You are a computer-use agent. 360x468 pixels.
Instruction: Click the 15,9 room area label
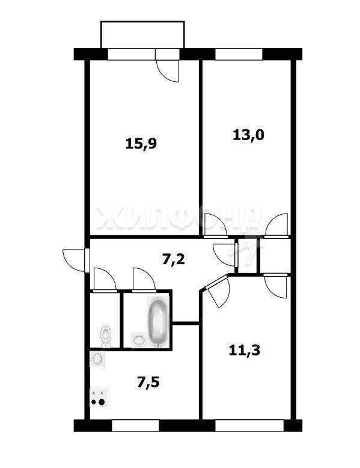[x=141, y=144]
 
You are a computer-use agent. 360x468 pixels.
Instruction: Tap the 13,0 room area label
[x=248, y=135]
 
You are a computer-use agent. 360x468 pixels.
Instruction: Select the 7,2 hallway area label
[x=174, y=259]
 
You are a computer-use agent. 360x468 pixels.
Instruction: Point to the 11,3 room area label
[x=245, y=350]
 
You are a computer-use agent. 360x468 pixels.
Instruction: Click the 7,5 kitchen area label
[x=148, y=383]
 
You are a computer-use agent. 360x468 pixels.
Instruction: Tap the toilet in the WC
[x=106, y=337]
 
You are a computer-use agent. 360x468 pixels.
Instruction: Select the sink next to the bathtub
[x=139, y=340]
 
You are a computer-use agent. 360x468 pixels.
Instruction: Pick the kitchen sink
[x=97, y=359]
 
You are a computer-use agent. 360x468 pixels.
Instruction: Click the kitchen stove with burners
[x=99, y=398]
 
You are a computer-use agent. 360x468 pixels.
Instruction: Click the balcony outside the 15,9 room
[x=142, y=35]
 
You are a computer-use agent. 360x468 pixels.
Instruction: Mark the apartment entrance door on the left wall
[x=75, y=260]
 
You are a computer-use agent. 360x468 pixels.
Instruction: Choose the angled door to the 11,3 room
[x=217, y=291]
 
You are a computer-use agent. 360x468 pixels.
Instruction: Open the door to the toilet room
[x=105, y=279]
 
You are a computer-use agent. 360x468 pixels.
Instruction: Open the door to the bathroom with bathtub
[x=144, y=279]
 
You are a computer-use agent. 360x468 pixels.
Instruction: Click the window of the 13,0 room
[x=239, y=54]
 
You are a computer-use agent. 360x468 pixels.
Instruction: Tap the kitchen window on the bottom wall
[x=135, y=426]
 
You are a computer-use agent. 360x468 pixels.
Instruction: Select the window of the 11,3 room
[x=249, y=426]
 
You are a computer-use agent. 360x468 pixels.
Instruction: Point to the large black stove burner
[x=102, y=402]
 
